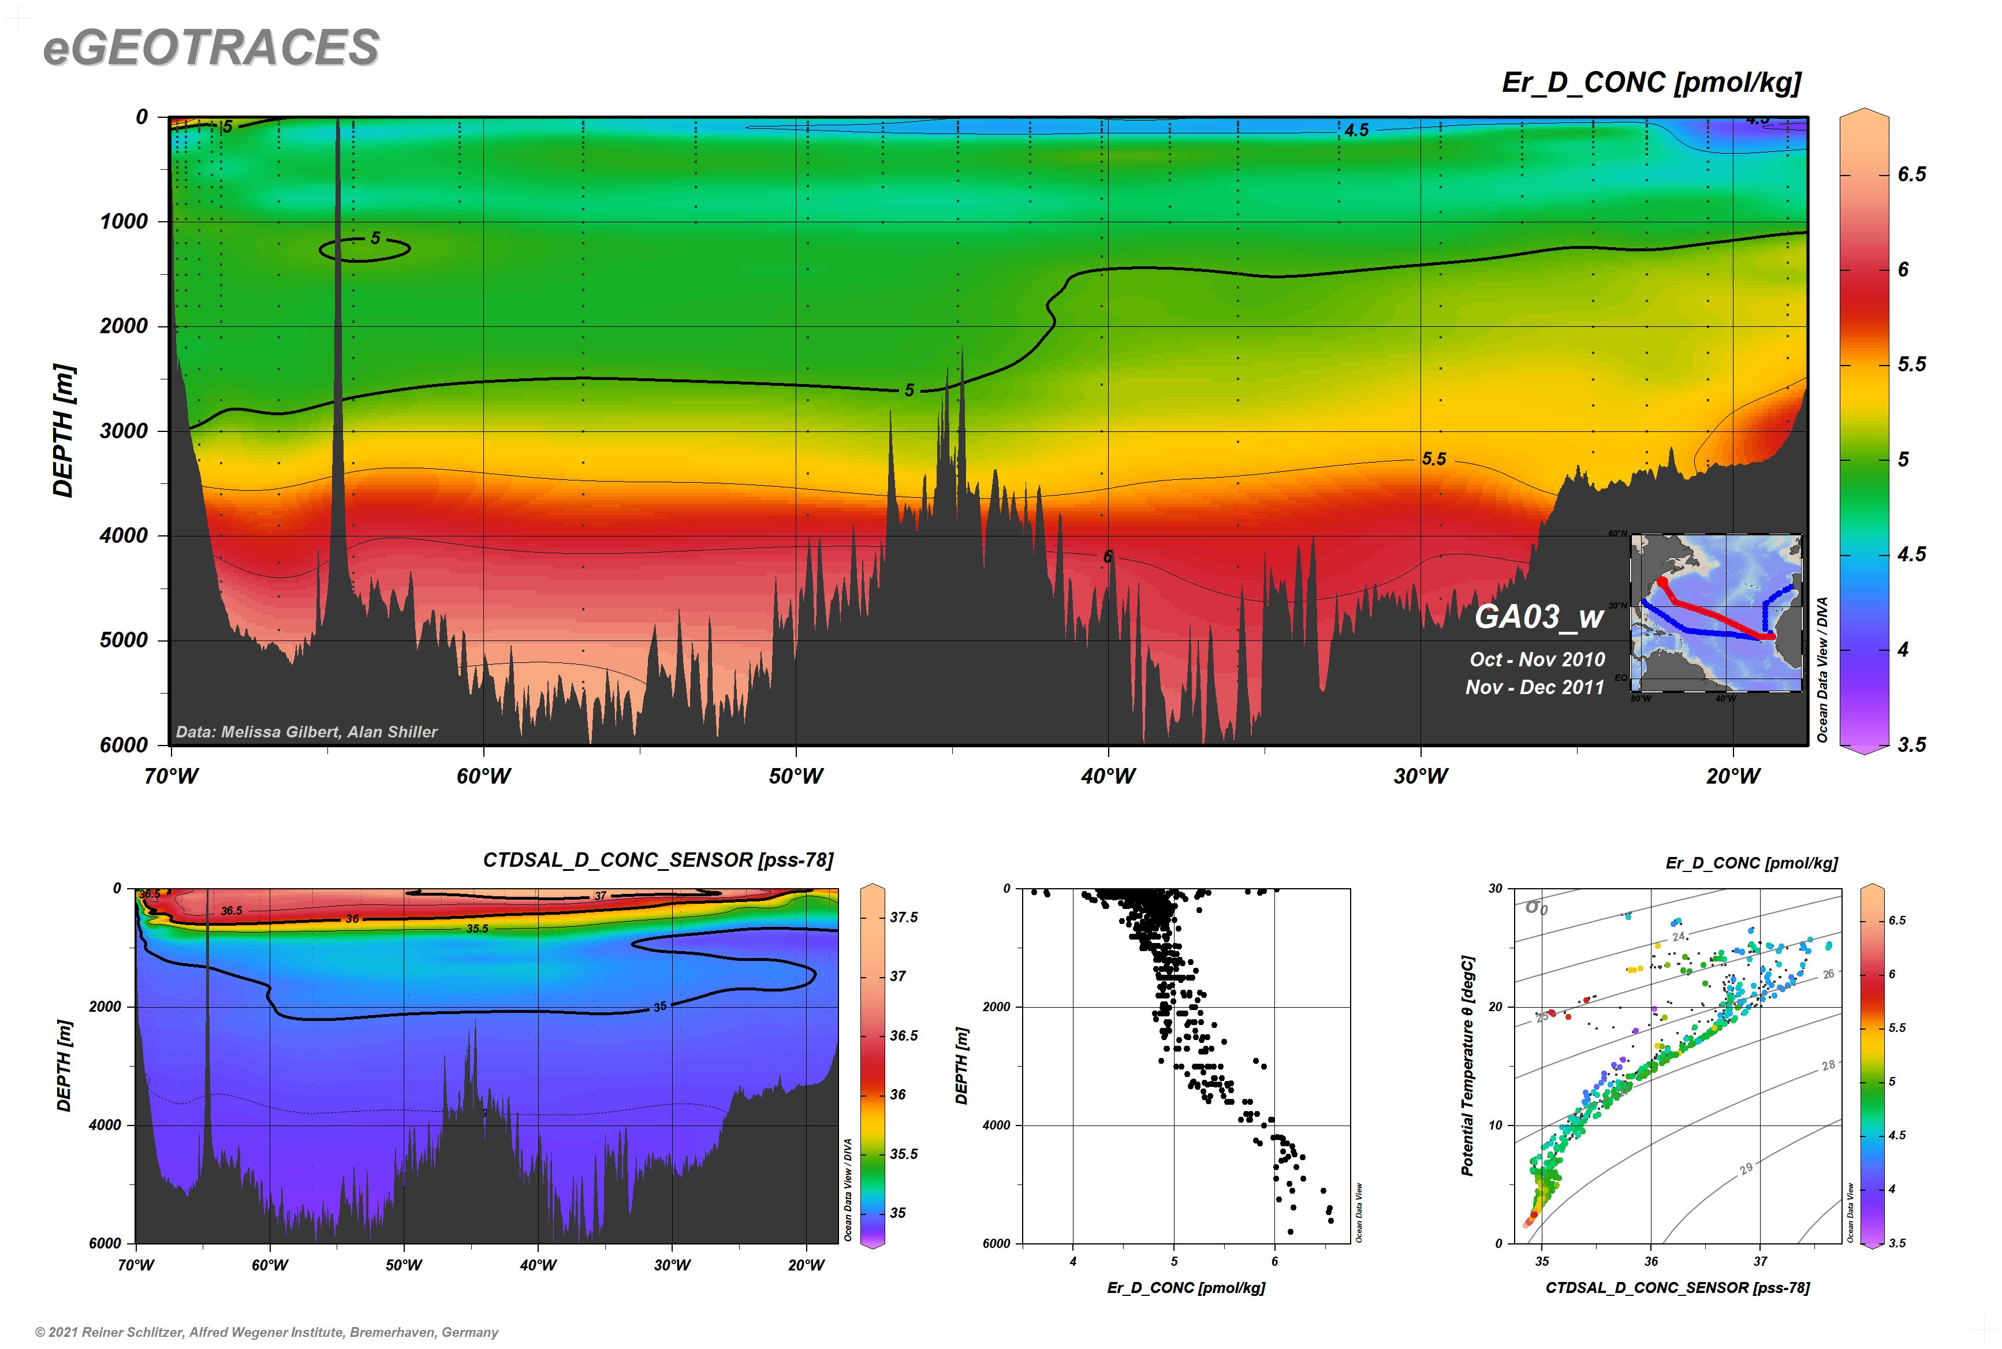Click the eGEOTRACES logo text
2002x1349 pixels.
coord(211,47)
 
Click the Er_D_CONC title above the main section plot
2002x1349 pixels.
coord(1651,83)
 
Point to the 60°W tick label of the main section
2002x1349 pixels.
coord(483,776)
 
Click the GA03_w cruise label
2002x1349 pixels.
coord(1539,616)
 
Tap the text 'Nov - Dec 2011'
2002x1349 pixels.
coord(1535,687)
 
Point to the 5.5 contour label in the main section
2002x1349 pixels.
coord(1433,459)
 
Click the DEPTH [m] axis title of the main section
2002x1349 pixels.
coord(64,430)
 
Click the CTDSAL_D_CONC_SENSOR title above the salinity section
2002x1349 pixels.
coord(657,860)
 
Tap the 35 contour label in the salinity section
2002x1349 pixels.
coord(660,1006)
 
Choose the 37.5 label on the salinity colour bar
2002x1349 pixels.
coord(903,917)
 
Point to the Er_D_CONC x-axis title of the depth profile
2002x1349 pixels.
coord(1185,1287)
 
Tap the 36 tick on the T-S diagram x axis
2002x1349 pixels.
coord(1651,1261)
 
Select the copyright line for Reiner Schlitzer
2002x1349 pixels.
coord(267,1332)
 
